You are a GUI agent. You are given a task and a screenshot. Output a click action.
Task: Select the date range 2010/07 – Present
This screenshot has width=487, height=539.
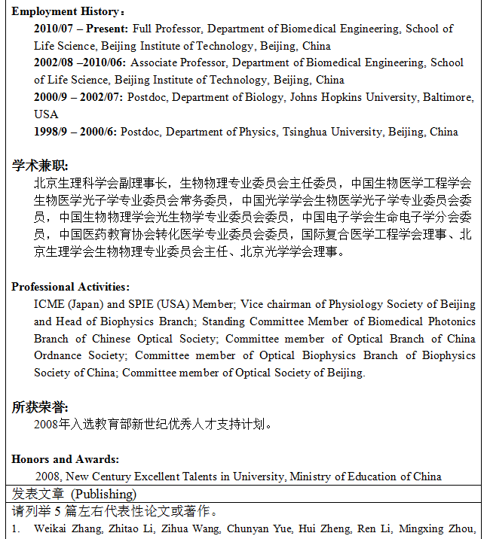[81, 29]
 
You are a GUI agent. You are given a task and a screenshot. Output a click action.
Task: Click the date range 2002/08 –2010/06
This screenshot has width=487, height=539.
[80, 63]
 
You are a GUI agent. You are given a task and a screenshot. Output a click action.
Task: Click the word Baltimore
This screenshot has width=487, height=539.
[448, 98]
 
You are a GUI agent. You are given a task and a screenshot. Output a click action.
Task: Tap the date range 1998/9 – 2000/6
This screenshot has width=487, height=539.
[75, 132]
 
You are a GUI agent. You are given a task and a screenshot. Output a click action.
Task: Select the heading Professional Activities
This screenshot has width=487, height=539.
[69, 287]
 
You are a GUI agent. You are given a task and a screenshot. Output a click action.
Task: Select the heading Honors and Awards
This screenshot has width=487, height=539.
[65, 459]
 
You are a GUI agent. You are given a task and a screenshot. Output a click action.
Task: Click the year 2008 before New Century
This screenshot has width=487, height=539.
[47, 477]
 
